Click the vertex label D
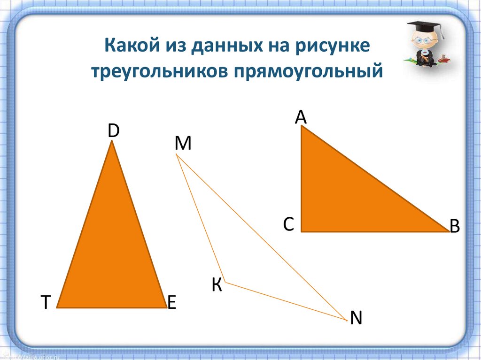tap(113, 131)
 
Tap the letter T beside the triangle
tap(46, 302)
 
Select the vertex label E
tap(171, 302)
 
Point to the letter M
tap(183, 143)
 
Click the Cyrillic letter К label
tap(217, 285)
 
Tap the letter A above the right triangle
tap(301, 117)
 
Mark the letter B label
tap(455, 226)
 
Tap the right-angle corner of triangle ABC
tap(302, 230)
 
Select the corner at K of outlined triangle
tap(225, 282)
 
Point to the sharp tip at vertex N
tap(347, 320)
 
